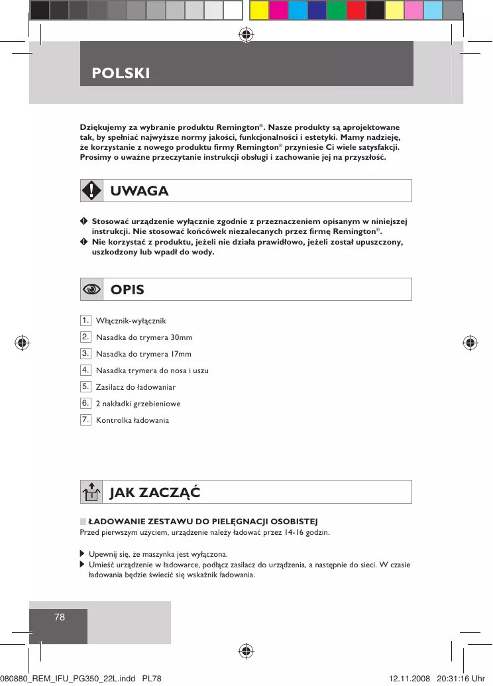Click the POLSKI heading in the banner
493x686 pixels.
121,73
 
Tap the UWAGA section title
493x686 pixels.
139,191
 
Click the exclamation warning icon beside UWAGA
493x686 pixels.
91,191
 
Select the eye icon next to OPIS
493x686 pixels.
91,290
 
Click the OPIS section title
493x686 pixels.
127,290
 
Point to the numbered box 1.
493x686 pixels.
85,320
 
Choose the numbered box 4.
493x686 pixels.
85,370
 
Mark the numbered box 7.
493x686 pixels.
85,420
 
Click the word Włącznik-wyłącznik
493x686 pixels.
127,321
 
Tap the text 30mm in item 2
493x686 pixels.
182,337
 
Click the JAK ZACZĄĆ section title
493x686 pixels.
155,492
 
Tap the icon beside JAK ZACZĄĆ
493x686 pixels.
91,492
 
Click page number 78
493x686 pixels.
60,617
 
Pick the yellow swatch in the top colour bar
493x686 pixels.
259,10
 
